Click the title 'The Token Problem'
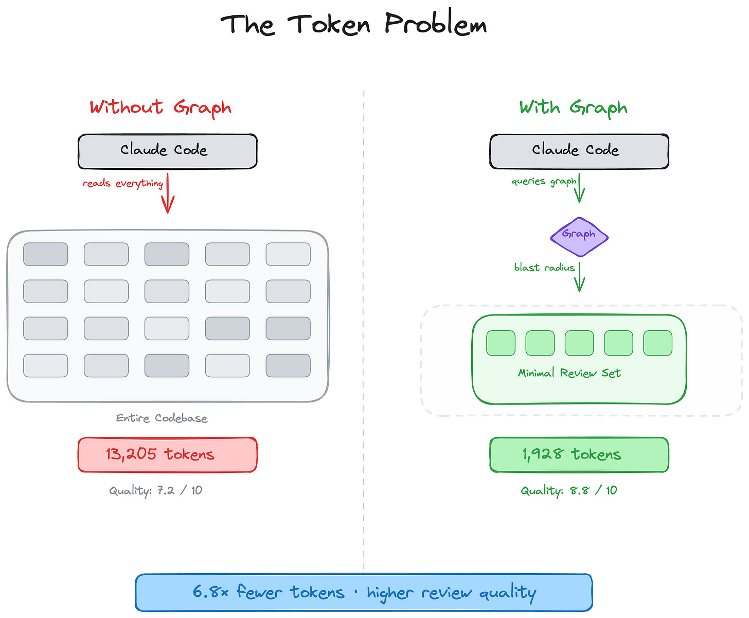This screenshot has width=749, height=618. pyautogui.click(x=353, y=25)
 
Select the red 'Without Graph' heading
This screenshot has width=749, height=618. pyautogui.click(x=160, y=108)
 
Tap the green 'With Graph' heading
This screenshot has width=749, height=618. pyautogui.click(x=573, y=108)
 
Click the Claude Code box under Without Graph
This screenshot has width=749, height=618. pyautogui.click(x=167, y=151)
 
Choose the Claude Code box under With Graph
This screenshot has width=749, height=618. pyautogui.click(x=579, y=151)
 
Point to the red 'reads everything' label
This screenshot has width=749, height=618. pyautogui.click(x=123, y=183)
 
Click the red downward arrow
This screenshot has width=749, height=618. pyautogui.click(x=168, y=195)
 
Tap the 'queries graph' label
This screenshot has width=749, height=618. pyautogui.click(x=544, y=181)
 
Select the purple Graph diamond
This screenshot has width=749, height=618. pyautogui.click(x=579, y=236)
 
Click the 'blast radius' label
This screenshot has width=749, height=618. pyautogui.click(x=544, y=267)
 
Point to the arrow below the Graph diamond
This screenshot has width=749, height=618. pyautogui.click(x=579, y=277)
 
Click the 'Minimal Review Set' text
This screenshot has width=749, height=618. pyautogui.click(x=569, y=373)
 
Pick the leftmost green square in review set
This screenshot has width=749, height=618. pyautogui.click(x=501, y=343)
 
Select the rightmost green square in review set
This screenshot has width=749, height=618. pyautogui.click(x=657, y=343)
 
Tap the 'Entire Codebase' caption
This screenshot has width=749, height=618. pyautogui.click(x=162, y=418)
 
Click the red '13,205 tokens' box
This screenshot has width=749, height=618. pyautogui.click(x=167, y=454)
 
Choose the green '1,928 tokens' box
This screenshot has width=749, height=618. pyautogui.click(x=579, y=454)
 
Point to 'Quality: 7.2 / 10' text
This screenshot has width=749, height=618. pyautogui.click(x=155, y=490)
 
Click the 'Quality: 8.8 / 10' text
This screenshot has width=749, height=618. pyautogui.click(x=568, y=490)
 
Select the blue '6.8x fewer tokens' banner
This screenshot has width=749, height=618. pyautogui.click(x=364, y=592)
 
